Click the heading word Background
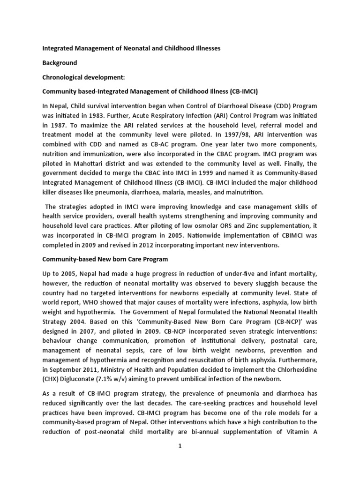tap(60, 62)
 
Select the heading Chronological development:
tap(82, 76)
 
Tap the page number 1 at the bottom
tap(180, 460)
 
